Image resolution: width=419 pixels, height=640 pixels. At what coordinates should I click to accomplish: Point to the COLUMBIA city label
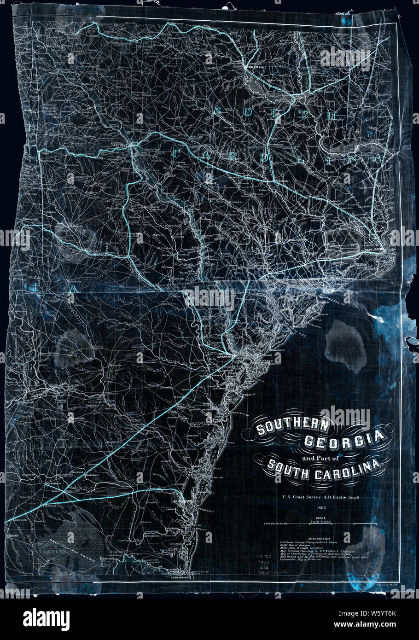coord(256,67)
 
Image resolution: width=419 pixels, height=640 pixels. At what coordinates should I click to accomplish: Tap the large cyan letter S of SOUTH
coord(218,110)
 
